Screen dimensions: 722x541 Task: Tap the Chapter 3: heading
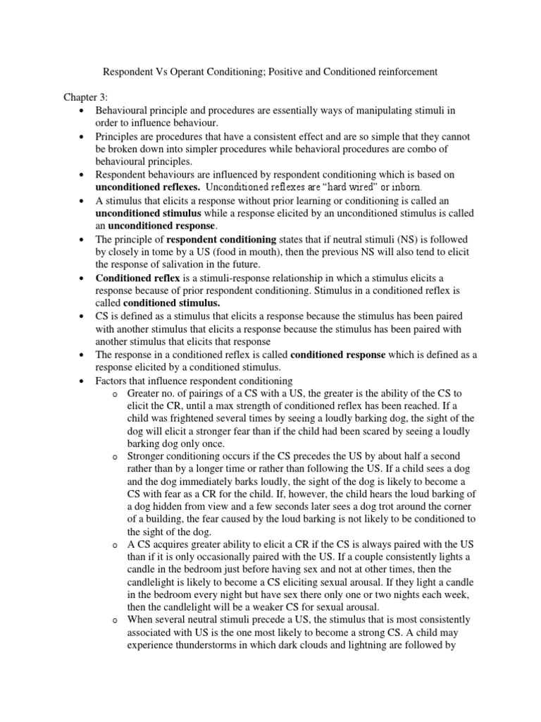[85, 97]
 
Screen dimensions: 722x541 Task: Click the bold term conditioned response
[337, 355]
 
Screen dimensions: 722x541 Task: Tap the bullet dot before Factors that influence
[83, 381]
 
